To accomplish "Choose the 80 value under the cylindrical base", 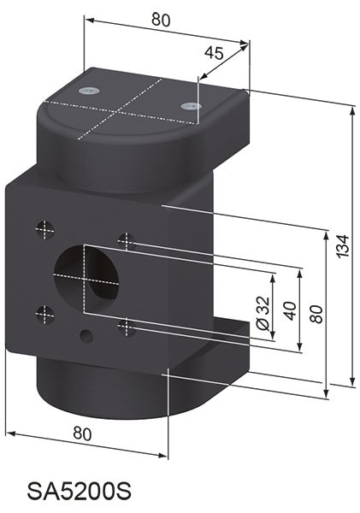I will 81,433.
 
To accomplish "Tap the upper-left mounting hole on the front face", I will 44,228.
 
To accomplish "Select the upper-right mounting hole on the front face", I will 127,242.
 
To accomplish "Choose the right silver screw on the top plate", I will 189,105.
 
